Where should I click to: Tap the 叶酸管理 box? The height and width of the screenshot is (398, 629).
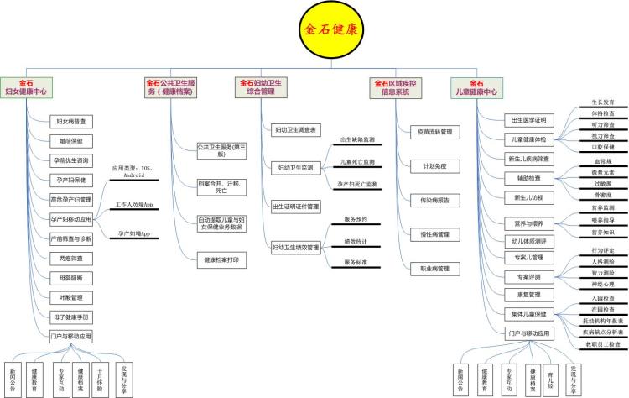tap(71, 296)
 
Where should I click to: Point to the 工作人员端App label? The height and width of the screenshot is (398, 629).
tap(134, 204)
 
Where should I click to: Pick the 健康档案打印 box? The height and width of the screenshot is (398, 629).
tap(221, 260)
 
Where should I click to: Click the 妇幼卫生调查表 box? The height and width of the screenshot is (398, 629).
tap(295, 130)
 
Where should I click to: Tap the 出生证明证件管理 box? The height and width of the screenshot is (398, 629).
tap(295, 206)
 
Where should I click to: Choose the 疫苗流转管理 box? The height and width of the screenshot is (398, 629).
tap(434, 132)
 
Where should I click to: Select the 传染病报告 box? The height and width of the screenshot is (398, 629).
tap(434, 200)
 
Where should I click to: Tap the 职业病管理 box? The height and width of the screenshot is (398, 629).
tap(434, 269)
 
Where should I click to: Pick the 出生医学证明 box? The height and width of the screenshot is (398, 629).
tap(528, 119)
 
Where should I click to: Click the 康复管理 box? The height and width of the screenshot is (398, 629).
tap(528, 295)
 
